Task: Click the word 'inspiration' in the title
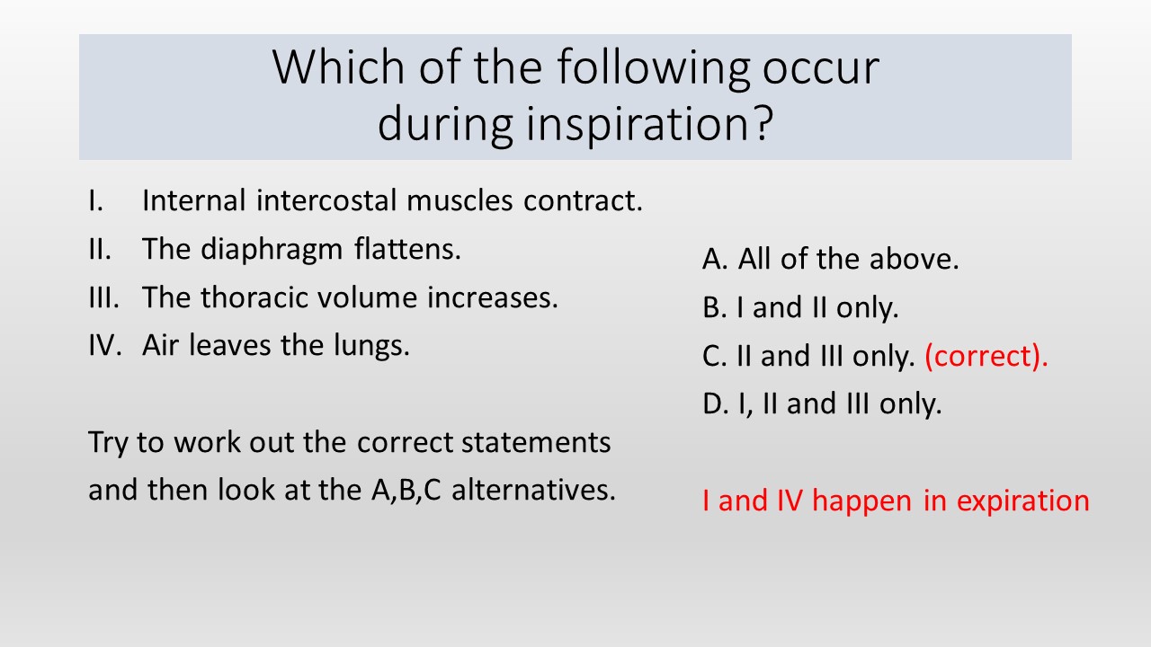(636, 124)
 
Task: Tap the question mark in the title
(762, 122)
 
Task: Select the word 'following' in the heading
(653, 69)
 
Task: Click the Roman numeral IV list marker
(105, 345)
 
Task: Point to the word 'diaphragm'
(272, 251)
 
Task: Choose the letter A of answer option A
(713, 259)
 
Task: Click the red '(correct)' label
(986, 357)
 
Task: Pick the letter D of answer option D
(714, 403)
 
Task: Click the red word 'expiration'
(1022, 501)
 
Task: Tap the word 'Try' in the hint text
(107, 443)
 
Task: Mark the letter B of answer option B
(713, 307)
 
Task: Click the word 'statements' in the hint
(536, 443)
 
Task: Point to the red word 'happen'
(861, 501)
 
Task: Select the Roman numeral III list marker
(103, 297)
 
